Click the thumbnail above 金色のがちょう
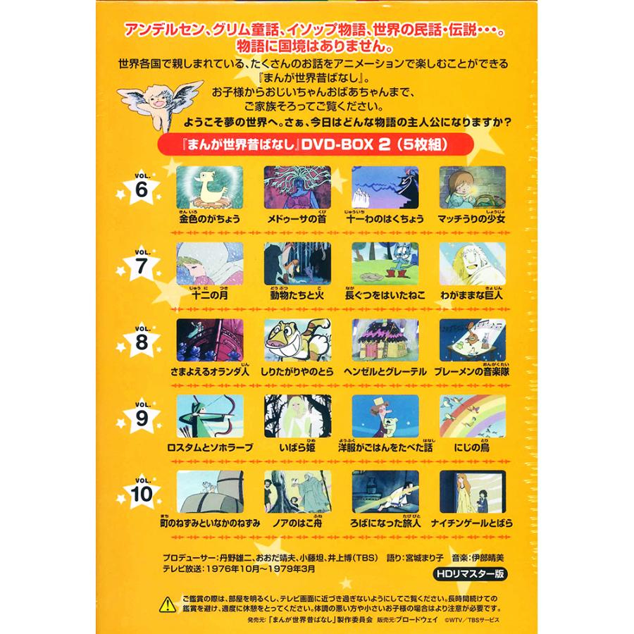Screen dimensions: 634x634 tap(210, 187)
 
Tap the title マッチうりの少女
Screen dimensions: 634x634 tap(472, 220)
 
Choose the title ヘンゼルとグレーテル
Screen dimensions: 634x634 tap(385, 372)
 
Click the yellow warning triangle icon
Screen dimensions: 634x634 tap(167, 603)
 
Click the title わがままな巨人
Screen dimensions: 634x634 tap(472, 296)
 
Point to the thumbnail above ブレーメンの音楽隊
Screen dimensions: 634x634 tap(472, 340)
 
